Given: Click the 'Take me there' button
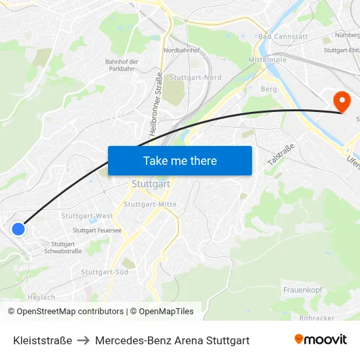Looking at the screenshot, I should coord(179,160).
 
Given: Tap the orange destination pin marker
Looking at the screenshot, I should coord(342,101).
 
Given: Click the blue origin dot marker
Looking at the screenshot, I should coord(18,229).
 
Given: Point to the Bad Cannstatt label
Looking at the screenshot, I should coord(283,37).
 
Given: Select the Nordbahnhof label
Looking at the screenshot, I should coord(181,50).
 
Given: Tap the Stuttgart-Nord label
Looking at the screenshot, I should coord(195,77).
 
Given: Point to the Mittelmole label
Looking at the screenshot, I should coord(268,60).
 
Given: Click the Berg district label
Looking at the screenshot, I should coord(268,89).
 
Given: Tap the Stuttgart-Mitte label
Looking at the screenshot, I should coord(150,204).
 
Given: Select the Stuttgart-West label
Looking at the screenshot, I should coord(86,215).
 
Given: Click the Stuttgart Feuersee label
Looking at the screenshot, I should coord(98,230).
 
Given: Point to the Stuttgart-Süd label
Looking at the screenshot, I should coord(105,272).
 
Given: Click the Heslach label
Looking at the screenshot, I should coord(42,297).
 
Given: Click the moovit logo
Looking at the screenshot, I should coord(320,340).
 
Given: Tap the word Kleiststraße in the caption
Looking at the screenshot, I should coord(43,340).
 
